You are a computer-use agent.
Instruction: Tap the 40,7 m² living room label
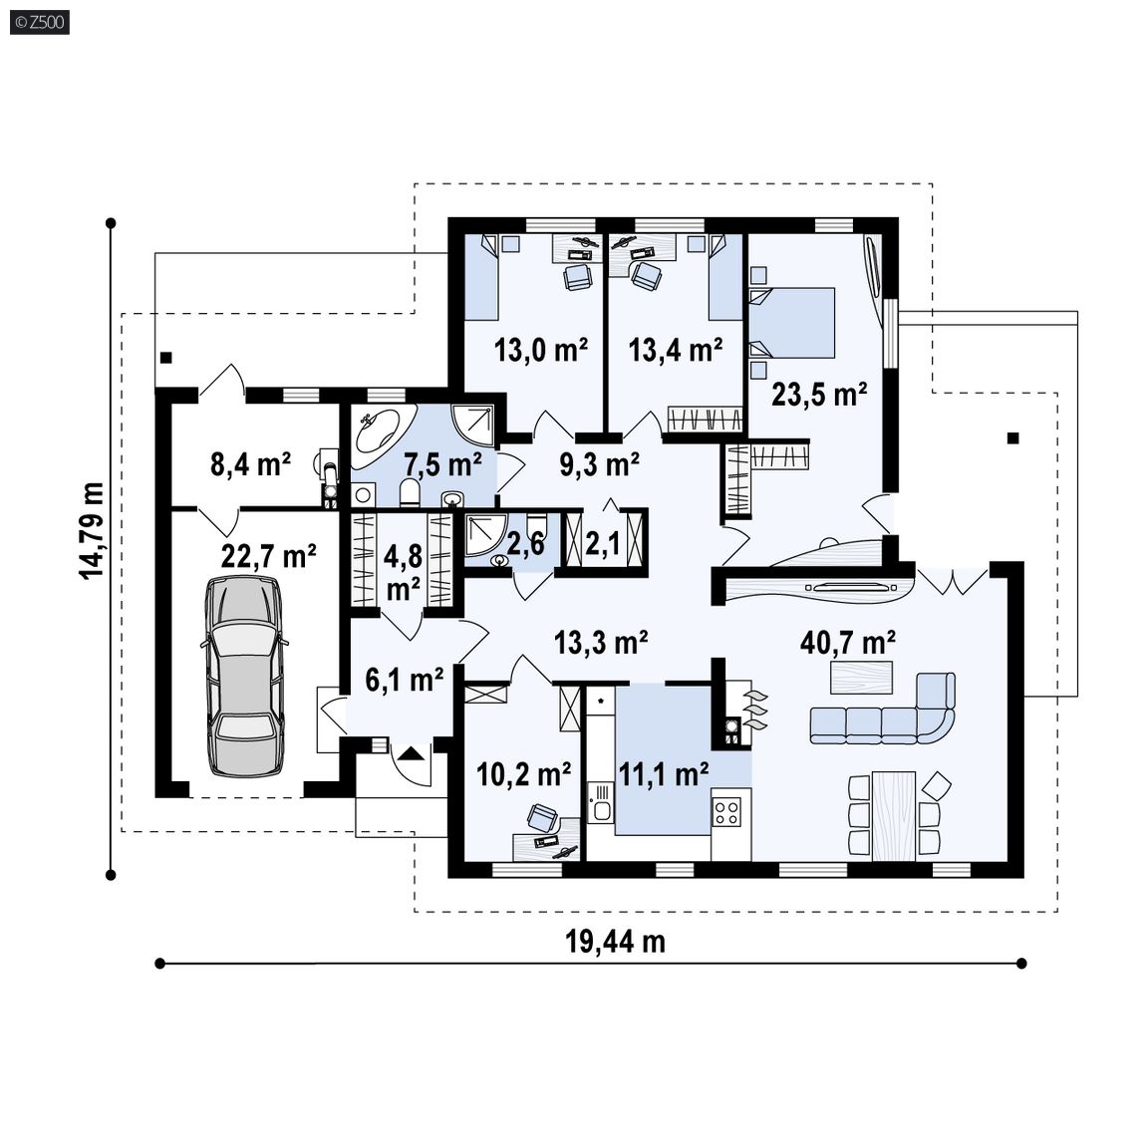[848, 643]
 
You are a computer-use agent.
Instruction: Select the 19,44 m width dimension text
[615, 942]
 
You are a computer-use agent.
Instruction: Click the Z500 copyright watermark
[40, 23]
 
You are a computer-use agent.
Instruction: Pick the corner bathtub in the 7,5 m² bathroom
[377, 431]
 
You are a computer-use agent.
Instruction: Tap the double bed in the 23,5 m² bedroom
[792, 323]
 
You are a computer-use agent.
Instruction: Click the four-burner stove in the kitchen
[727, 810]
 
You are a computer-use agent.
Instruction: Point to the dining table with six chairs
[893, 815]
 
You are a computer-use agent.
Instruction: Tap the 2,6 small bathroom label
[526, 543]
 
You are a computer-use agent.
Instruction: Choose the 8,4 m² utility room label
[250, 464]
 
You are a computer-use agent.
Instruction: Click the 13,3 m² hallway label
[600, 643]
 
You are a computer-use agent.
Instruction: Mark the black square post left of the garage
[166, 358]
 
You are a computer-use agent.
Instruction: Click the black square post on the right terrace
[1013, 438]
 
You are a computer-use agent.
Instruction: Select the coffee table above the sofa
[861, 678]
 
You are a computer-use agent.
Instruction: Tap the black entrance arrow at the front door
[413, 752]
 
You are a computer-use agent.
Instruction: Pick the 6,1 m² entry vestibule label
[405, 681]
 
